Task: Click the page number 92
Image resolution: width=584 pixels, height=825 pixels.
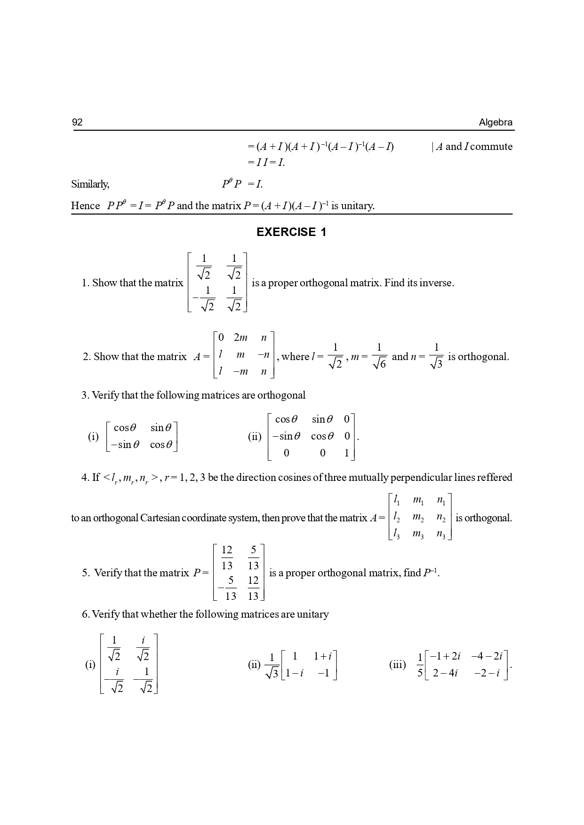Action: pyautogui.click(x=77, y=122)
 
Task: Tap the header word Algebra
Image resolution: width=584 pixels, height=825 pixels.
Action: pyautogui.click(x=496, y=122)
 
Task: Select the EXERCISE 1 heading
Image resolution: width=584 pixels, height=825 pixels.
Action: pyautogui.click(x=291, y=232)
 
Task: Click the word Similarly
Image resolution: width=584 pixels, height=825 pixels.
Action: pyautogui.click(x=90, y=184)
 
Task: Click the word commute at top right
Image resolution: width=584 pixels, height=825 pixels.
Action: pyautogui.click(x=491, y=147)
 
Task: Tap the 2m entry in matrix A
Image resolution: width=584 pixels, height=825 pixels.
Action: pyautogui.click(x=240, y=338)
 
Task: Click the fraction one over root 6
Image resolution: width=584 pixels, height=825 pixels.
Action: pyautogui.click(x=379, y=356)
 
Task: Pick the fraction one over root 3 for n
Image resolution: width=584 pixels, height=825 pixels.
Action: pyautogui.click(x=436, y=356)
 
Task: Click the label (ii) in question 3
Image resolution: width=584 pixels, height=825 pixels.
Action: pyautogui.click(x=255, y=437)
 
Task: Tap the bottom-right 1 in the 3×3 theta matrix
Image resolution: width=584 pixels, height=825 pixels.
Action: pyautogui.click(x=347, y=453)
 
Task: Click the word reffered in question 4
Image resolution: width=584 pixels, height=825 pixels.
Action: pyautogui.click(x=495, y=478)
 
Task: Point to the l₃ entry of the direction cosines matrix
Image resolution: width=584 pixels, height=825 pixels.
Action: pyautogui.click(x=396, y=534)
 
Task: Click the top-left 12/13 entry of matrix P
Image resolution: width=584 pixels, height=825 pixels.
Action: pyautogui.click(x=227, y=558)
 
